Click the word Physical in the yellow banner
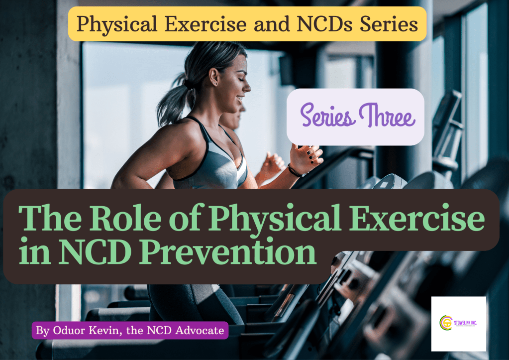point(113,24)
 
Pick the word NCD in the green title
point(94,252)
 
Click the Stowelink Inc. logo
point(458,324)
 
